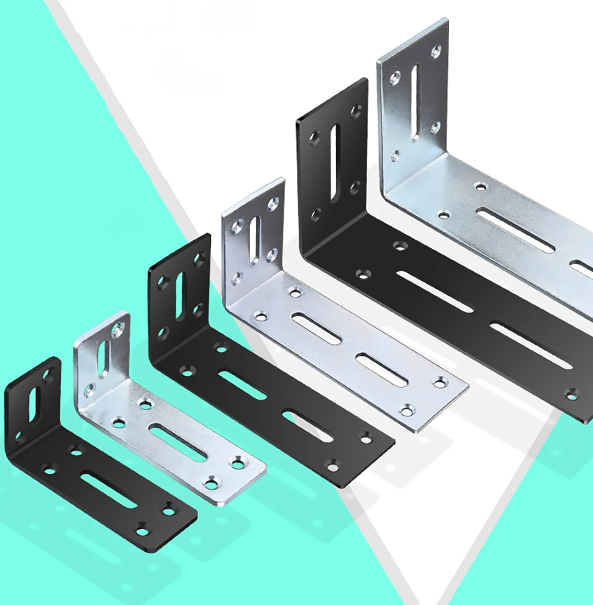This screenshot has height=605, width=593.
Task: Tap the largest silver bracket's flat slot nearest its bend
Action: click(x=514, y=230)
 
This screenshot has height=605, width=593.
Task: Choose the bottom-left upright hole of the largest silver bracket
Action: click(x=396, y=155)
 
